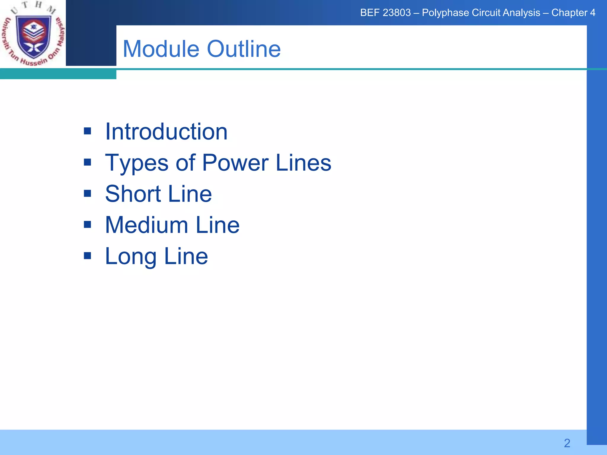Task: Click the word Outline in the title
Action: (x=244, y=49)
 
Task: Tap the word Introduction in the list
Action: (x=166, y=132)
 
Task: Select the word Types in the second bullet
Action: (x=137, y=163)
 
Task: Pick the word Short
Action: (x=133, y=194)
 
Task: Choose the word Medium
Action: (x=146, y=225)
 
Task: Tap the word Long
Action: (x=131, y=257)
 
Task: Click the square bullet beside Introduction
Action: (x=87, y=131)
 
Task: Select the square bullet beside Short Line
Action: (x=87, y=193)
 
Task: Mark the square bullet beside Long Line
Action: (x=87, y=256)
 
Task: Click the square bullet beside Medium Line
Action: (x=87, y=225)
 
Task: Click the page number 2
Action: (x=567, y=443)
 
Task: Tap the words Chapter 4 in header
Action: (x=573, y=13)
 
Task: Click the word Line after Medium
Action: (x=218, y=225)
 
